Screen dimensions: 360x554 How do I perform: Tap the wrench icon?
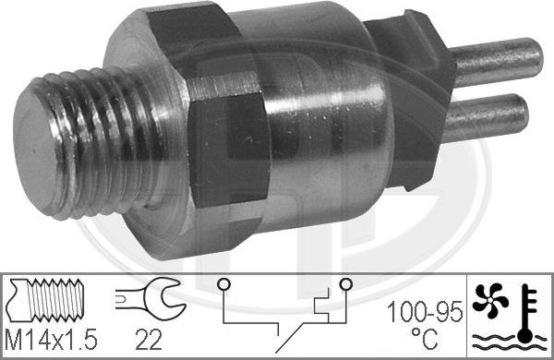click(150, 297)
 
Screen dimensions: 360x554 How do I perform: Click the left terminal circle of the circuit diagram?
click(223, 284)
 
